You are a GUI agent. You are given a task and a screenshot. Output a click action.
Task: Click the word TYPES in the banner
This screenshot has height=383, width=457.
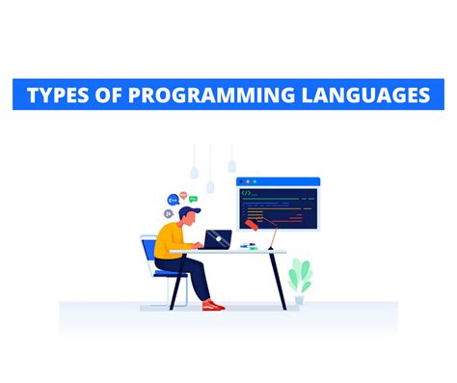(63, 96)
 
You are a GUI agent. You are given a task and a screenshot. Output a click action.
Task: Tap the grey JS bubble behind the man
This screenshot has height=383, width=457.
(169, 213)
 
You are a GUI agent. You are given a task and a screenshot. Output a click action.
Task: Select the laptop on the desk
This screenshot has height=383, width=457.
(218, 238)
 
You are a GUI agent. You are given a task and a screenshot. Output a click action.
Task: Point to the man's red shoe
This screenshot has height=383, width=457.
(214, 306)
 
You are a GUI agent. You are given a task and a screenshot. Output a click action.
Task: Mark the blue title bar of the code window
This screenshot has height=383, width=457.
(279, 180)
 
